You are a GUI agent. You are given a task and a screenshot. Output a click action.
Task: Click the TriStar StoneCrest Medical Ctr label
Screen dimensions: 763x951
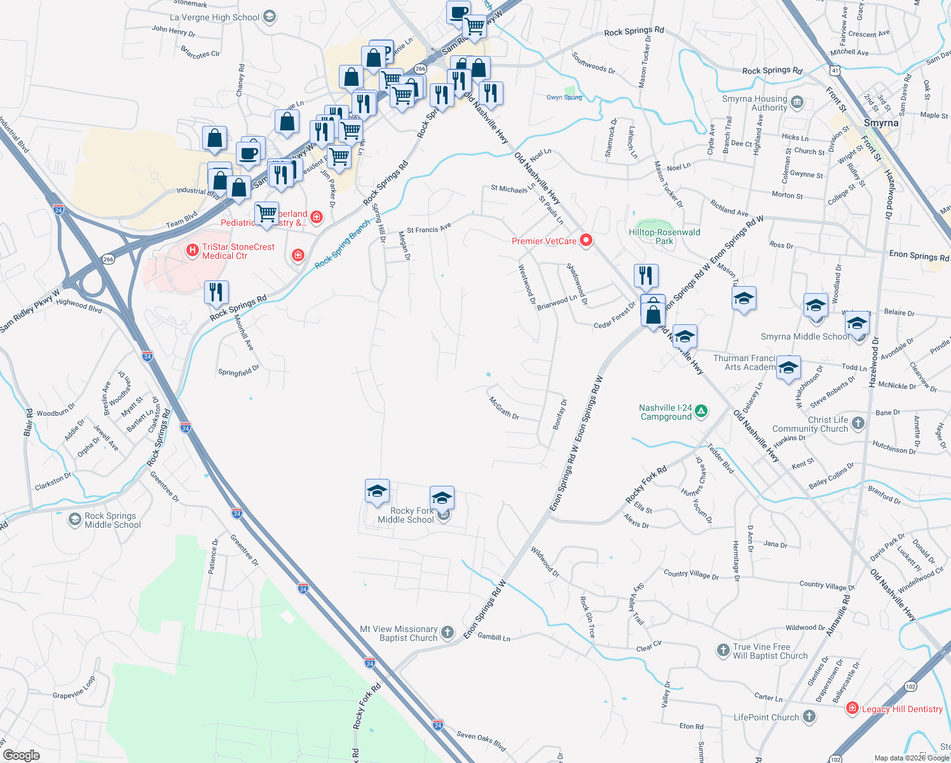pos(238,251)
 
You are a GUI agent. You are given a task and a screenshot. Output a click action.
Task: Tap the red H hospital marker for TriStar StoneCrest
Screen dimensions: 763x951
pos(192,251)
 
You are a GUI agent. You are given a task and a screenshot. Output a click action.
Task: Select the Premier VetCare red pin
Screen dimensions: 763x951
pos(586,240)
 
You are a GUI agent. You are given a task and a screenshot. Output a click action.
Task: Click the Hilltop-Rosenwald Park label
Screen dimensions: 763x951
pos(664,237)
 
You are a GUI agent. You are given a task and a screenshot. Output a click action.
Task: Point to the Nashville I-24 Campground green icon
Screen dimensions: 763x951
pos(701,411)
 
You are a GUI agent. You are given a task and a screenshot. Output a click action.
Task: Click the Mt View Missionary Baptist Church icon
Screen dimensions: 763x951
pos(448,632)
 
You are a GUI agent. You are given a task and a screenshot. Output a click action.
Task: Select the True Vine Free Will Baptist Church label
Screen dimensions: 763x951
pos(770,651)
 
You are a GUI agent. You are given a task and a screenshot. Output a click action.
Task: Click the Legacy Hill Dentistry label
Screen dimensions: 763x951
pos(902,709)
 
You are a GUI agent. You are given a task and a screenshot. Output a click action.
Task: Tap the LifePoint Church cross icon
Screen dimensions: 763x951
pos(809,717)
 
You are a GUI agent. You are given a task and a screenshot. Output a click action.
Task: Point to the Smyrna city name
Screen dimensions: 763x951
pos(881,123)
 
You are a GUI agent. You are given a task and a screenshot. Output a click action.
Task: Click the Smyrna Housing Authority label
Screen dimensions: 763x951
pos(755,103)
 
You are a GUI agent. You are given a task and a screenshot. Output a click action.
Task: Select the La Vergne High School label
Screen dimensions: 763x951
pos(214,17)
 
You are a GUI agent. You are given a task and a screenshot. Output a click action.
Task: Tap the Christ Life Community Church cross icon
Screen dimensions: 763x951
pos(858,423)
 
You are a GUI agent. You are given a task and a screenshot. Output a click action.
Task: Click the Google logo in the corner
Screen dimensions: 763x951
pos(21,755)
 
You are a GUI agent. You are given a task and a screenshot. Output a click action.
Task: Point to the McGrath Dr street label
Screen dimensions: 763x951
pos(504,408)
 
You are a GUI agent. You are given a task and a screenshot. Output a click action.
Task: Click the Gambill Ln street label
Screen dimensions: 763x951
pos(493,636)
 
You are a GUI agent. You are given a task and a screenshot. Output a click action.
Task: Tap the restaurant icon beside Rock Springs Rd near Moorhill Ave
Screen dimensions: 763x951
pos(217,292)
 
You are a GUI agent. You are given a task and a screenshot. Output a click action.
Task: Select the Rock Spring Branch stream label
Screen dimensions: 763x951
pos(342,244)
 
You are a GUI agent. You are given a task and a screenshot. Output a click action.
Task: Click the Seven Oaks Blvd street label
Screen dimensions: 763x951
pos(481,740)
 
